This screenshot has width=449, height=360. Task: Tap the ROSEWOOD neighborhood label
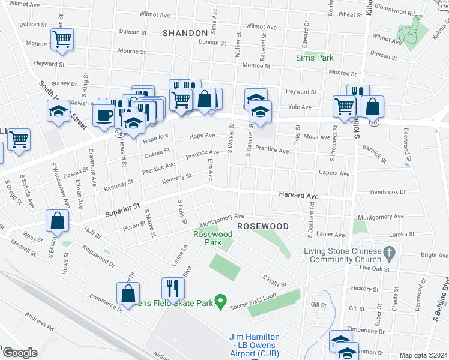coord(263,226)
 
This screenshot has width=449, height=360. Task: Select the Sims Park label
coord(315,58)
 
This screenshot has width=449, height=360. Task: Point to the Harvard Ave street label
coord(298,196)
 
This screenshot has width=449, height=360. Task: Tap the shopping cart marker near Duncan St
coord(62,39)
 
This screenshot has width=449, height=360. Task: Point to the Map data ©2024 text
coord(424,355)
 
